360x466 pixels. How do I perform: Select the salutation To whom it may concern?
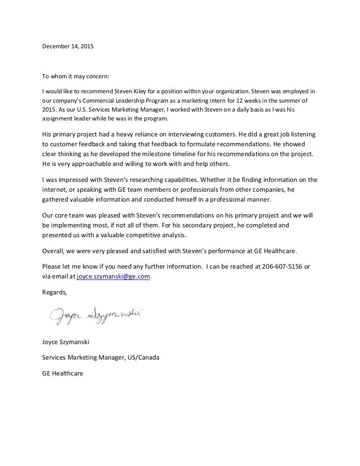click(75, 76)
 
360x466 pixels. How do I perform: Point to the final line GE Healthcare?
click(62, 374)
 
